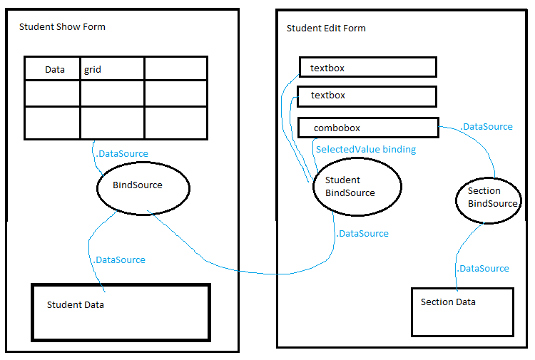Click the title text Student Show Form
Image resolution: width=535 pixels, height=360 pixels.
[62, 27]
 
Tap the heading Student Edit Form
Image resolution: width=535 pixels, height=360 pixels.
[326, 29]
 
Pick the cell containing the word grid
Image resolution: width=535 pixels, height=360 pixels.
[112, 69]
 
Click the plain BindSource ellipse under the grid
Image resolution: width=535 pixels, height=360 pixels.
[97, 188]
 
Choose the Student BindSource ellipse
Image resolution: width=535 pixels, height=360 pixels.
[313, 187]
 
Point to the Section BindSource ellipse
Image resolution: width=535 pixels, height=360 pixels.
[457, 200]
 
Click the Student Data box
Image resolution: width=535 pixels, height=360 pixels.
[121, 312]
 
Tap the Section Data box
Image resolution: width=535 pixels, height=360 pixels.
[462, 312]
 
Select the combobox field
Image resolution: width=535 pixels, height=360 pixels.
[368, 128]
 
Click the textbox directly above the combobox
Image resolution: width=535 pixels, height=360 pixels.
[367, 96]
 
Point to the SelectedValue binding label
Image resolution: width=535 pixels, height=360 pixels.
[366, 150]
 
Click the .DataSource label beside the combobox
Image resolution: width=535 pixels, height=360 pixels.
[486, 127]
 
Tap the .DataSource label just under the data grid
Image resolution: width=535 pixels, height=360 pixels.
[122, 154]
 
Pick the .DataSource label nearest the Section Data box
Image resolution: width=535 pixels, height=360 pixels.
[483, 269]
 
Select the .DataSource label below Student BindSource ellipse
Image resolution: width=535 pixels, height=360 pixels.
[362, 234]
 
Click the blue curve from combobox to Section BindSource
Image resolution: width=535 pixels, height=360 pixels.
[478, 140]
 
